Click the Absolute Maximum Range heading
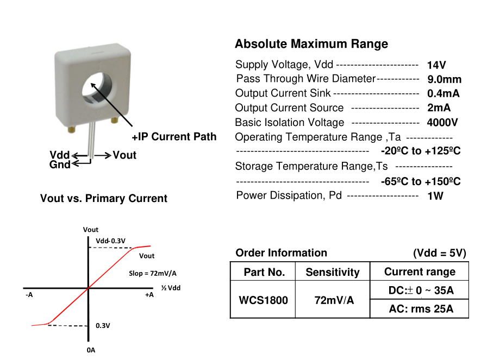click(311, 44)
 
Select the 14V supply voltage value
click(436, 65)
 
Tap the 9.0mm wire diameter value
click(444, 79)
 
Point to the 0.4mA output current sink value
click(444, 93)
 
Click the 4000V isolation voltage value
click(442, 122)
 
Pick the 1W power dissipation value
click(435, 195)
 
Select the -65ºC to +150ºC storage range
click(421, 181)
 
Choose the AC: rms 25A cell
click(419, 310)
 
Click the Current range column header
click(419, 271)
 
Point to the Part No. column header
click(264, 272)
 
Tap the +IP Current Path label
click(174, 137)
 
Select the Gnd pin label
click(60, 165)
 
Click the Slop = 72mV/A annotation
click(153, 273)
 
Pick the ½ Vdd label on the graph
click(171, 287)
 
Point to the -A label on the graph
click(29, 295)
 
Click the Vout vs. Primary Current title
click(104, 199)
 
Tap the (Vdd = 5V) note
click(440, 253)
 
